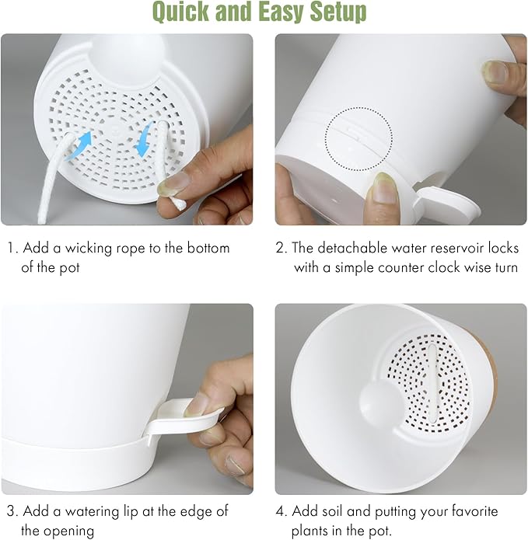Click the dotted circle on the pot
click(358, 139)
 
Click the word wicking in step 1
click(89, 249)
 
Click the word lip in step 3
click(131, 512)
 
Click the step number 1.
click(12, 249)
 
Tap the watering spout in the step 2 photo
click(447, 203)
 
